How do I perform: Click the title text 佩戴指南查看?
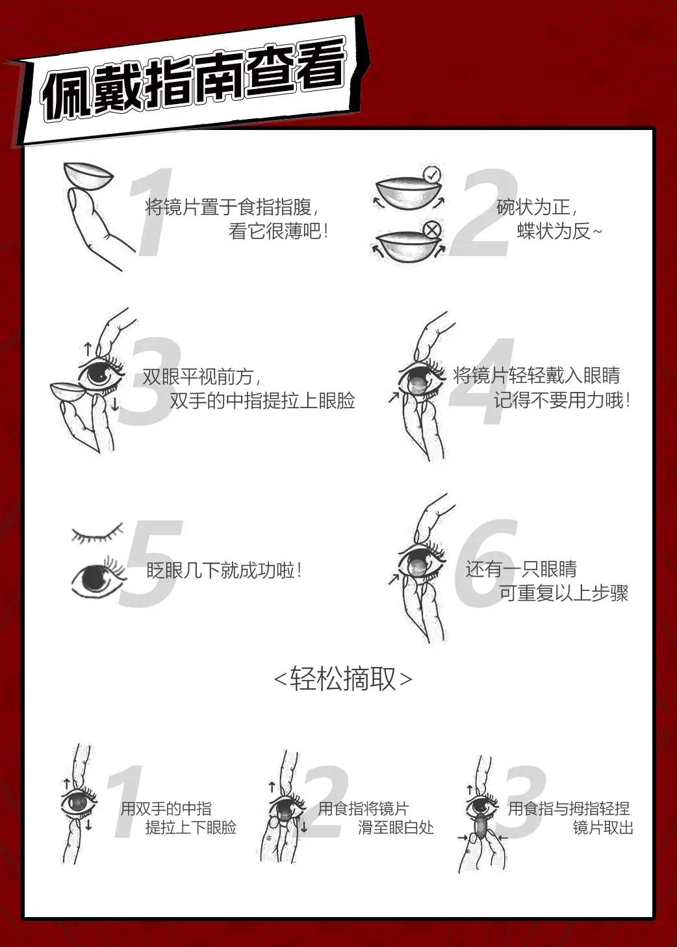tap(194, 81)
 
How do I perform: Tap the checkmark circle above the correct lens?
tap(432, 175)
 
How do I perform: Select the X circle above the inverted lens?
tap(432, 230)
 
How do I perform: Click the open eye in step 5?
tap(99, 577)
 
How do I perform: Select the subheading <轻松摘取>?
tap(343, 679)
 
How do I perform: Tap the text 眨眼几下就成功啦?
tap(224, 570)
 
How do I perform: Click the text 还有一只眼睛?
tap(521, 569)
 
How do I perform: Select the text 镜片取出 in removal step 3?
tap(603, 827)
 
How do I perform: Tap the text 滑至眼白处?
tap(396, 827)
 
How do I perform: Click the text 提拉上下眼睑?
tap(191, 827)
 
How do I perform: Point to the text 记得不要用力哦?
tap(563, 400)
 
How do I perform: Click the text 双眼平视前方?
tap(201, 377)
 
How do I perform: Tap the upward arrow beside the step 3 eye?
tap(88, 349)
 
